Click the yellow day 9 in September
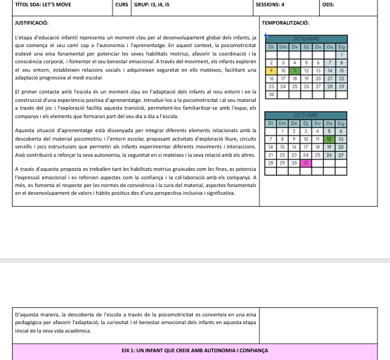point(271,71)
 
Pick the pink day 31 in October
point(306,162)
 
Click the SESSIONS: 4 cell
point(272,4)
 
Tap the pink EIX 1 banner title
point(195,349)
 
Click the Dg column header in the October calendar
point(341,123)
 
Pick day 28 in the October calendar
point(271,162)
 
